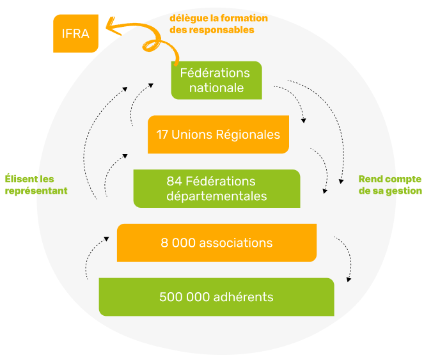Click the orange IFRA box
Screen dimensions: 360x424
[75, 34]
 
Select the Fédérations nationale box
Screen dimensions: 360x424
[216, 80]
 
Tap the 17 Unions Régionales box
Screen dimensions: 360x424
[218, 135]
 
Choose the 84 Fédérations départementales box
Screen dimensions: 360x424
[216, 189]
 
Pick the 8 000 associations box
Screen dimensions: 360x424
[216, 243]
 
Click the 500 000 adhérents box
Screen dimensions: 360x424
[216, 297]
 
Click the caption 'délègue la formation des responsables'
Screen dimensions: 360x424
[218, 24]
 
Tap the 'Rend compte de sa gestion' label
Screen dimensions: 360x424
[389, 185]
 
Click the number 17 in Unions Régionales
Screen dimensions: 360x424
[162, 135]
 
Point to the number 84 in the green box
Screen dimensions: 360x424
[173, 182]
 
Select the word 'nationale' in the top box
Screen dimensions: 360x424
[216, 88]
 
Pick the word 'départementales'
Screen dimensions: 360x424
[216, 196]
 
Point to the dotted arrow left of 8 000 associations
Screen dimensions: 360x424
[94, 256]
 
